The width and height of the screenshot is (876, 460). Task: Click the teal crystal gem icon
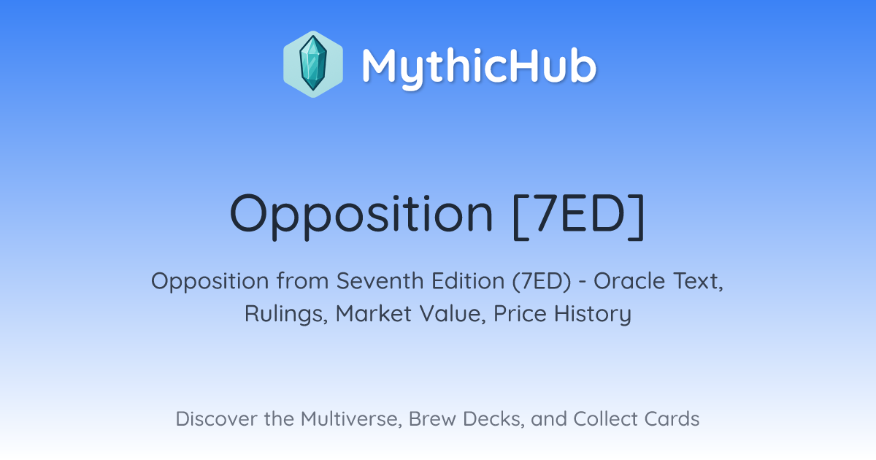[x=313, y=64]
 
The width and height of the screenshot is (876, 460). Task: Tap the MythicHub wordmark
[x=479, y=66]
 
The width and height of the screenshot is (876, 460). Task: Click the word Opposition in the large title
[x=362, y=216]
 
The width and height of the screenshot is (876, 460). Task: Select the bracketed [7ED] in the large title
[x=578, y=215]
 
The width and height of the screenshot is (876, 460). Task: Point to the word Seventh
[x=380, y=281]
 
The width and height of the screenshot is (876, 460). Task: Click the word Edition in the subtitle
[x=468, y=281]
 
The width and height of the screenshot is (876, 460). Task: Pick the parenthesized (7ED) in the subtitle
[x=542, y=281]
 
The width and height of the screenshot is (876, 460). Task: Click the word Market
[x=374, y=314]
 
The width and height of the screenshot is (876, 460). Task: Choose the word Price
[x=520, y=314]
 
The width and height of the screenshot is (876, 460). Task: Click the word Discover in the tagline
[x=217, y=419]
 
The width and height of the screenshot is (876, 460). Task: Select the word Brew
[x=432, y=419]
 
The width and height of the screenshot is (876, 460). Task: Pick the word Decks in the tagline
[x=493, y=419]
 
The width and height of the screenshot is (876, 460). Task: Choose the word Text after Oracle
[x=698, y=281]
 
